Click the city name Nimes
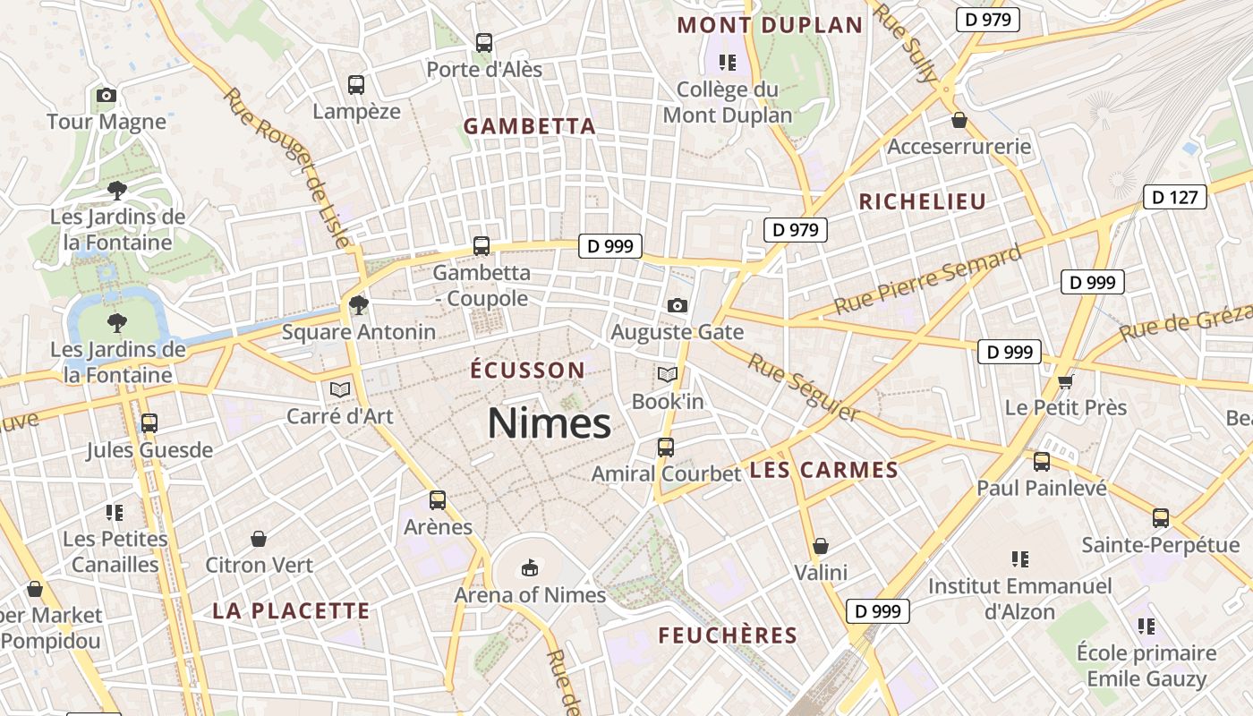pos(549,423)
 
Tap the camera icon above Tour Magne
pos(106,95)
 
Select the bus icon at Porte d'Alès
pos(484,42)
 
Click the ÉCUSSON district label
pos(527,370)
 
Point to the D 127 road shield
pos(1175,197)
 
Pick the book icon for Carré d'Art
pos(339,389)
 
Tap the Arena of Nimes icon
pos(530,567)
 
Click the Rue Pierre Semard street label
pos(927,279)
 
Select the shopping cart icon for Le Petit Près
pos(1065,381)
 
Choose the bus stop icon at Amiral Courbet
pos(665,447)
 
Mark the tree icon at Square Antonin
pos(359,305)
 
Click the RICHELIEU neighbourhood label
pos(922,202)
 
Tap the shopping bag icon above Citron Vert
pos(259,539)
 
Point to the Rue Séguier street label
pos(803,387)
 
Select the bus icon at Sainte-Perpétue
pos(1160,518)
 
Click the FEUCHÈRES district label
pos(728,635)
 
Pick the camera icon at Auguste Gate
pos(678,305)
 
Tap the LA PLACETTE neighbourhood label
pos(291,611)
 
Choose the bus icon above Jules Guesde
pos(149,423)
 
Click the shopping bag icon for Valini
pos(821,546)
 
